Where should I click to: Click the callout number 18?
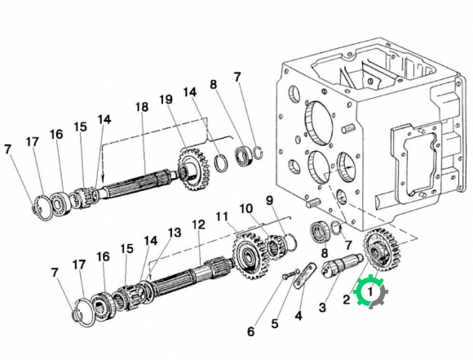click(142, 107)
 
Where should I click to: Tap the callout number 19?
click(166, 100)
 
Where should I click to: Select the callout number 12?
click(199, 224)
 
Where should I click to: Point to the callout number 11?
click(222, 216)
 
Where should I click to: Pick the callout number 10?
click(246, 208)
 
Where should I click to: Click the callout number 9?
click(269, 200)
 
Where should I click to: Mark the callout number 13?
click(175, 233)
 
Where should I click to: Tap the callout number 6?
click(251, 331)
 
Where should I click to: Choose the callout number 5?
click(275, 323)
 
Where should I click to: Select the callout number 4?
click(298, 316)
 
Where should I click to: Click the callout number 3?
click(322, 308)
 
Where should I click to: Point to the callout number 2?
click(347, 300)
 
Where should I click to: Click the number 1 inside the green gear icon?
click(369, 291)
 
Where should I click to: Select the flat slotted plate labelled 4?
click(305, 276)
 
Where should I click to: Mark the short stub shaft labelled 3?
click(343, 264)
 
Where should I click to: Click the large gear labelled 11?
click(247, 255)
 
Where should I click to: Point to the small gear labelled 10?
click(275, 247)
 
